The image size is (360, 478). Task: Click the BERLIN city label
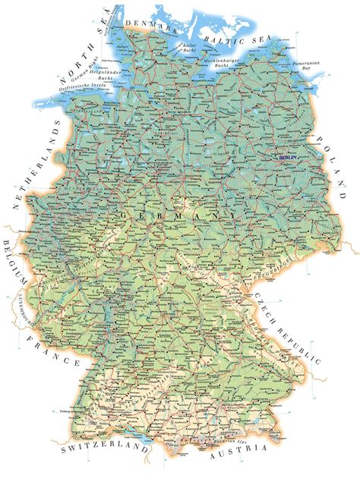click(289, 157)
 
